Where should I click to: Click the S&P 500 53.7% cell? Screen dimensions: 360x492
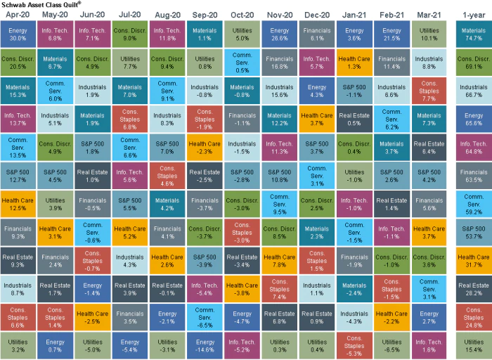point(474,231)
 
